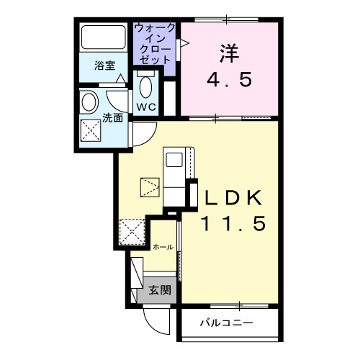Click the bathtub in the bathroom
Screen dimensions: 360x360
pos(103,37)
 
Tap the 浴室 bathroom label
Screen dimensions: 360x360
pos(105,65)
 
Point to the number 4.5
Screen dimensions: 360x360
pos(230,79)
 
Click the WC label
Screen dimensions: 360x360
pos(147,107)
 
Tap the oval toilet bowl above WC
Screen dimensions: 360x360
pos(147,87)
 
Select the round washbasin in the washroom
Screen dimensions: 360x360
pos(91,101)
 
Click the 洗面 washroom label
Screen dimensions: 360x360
pos(112,117)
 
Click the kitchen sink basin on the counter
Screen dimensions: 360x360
pos(174,158)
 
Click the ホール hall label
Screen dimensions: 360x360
pos(163,247)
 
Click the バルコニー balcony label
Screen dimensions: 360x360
pos(226,323)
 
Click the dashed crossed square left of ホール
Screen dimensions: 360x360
pos(132,232)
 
